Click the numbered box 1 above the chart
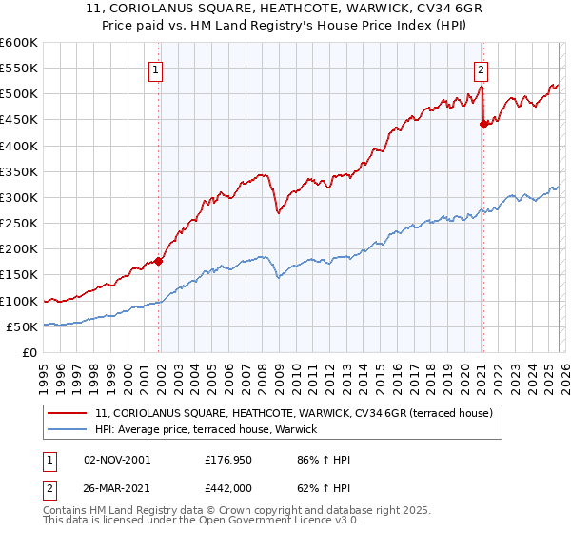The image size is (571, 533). [155, 69]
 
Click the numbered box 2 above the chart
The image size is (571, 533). [482, 69]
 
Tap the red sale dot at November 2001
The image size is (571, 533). [159, 261]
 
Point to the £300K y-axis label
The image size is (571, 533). [18, 197]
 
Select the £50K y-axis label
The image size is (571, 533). [21, 326]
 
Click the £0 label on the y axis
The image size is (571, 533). [29, 352]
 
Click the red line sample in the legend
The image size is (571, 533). [69, 413]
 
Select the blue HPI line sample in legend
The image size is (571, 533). [69, 430]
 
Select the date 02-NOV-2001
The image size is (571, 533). [117, 460]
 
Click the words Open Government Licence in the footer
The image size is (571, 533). [269, 523]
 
